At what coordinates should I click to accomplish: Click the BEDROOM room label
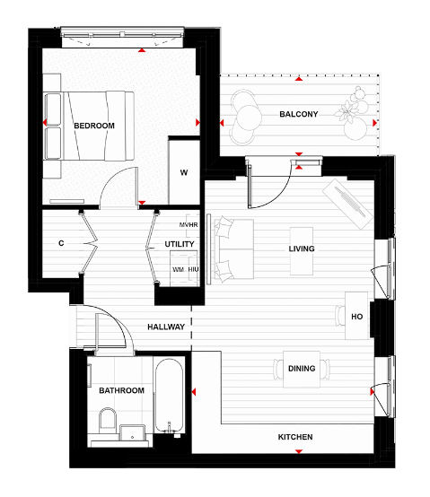(94, 126)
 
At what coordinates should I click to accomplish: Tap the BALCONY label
(298, 115)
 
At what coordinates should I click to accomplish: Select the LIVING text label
(302, 248)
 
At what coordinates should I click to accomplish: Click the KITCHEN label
(294, 438)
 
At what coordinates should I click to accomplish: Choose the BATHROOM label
(122, 390)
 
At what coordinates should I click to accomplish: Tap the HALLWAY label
(167, 327)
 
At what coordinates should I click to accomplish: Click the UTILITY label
(178, 244)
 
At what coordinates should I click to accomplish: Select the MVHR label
(188, 223)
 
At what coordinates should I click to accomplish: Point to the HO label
(356, 317)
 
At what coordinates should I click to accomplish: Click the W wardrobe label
(183, 172)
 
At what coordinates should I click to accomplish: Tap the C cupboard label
(61, 243)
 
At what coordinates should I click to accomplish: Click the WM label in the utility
(178, 269)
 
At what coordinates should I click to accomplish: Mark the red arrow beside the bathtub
(193, 391)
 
